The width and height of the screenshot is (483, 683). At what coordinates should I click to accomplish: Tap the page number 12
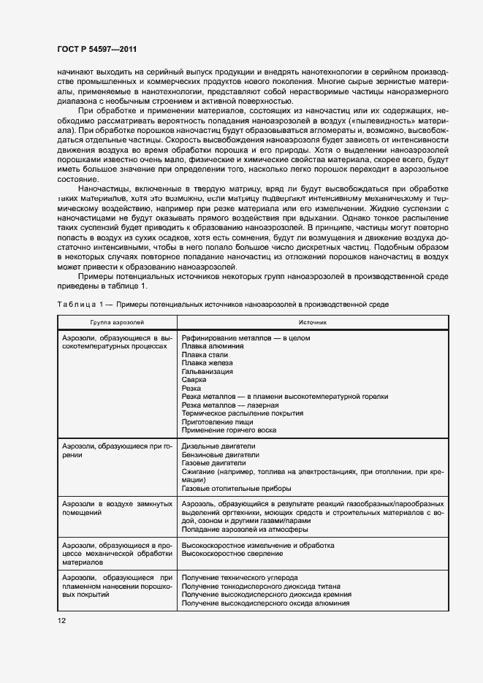(61, 621)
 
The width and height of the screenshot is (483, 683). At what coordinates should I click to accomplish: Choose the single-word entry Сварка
(194, 380)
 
